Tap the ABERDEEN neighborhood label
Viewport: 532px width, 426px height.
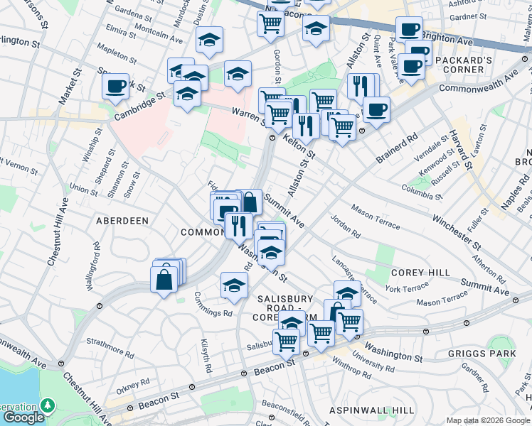pos(123,221)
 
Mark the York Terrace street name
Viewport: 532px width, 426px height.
pos(407,288)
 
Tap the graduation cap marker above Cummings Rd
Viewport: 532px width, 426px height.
pos(234,285)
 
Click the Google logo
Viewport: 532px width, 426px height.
pos(23,417)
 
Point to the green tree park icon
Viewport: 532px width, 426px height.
pos(48,405)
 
